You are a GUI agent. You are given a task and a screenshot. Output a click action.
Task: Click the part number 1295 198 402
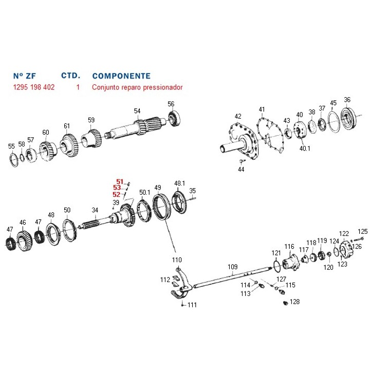[x=34, y=87]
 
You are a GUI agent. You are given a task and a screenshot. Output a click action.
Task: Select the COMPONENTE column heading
[x=121, y=76]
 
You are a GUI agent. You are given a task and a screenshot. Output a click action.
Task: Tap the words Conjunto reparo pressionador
[x=137, y=87]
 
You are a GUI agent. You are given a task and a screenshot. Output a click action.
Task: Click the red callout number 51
[x=120, y=181]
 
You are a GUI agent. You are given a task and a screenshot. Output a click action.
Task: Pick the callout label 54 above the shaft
[x=137, y=110]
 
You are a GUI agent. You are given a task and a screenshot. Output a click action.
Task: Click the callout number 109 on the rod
[x=232, y=267]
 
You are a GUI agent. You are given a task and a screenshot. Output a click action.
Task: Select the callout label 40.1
[x=305, y=149]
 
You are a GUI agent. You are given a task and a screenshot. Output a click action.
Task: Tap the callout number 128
[x=294, y=302]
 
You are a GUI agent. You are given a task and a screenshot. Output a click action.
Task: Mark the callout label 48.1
[x=179, y=183]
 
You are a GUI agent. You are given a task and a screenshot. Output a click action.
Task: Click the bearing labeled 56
[x=174, y=119]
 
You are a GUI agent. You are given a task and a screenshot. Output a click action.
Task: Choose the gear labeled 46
[x=22, y=239]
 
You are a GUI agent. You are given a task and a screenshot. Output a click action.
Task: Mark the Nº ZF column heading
[x=25, y=76]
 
